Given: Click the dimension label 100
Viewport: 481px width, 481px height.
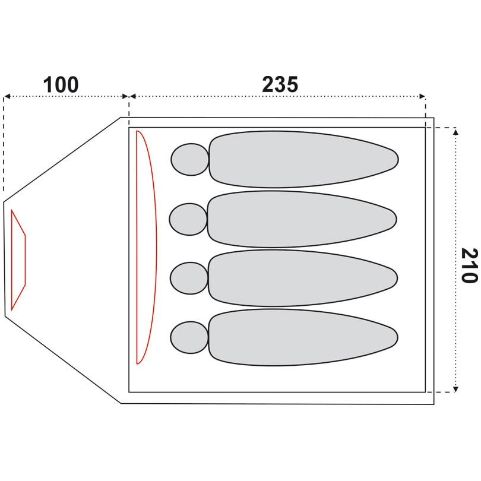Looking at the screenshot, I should coord(61,86).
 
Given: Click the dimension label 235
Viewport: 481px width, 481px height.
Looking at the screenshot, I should coord(280,86).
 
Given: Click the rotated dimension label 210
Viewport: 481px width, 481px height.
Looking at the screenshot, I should coord(468,265).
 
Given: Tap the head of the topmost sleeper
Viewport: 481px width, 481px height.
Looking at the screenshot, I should coord(190,159).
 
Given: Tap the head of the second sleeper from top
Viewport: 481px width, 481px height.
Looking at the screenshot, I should coord(188,219).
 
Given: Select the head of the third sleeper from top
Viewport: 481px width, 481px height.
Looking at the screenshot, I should coord(189,278).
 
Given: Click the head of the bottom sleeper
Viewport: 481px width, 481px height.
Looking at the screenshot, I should coord(189,337).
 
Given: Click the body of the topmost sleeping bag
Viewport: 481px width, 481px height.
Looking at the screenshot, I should coord(297,159).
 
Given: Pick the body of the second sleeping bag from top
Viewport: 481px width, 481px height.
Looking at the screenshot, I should coord(297,219).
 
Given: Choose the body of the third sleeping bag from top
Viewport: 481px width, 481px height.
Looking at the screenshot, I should coord(297,278).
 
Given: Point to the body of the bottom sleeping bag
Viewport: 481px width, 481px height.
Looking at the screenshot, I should coord(297,337).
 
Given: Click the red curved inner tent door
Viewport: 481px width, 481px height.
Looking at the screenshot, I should coord(147,246).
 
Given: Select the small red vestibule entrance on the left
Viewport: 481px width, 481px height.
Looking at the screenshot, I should coord(18,260).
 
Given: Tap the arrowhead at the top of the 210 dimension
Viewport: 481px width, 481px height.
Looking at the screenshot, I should coord(455,131).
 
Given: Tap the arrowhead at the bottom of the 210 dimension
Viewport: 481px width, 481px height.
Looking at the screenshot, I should coord(455,389).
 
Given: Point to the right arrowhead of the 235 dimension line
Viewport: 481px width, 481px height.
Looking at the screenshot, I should coord(422,96).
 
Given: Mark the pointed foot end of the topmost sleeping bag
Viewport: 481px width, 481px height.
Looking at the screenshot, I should coord(395,159).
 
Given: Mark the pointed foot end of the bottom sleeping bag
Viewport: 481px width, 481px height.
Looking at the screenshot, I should coord(395,337).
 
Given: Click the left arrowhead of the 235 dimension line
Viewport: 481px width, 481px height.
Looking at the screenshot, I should coord(132,96).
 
